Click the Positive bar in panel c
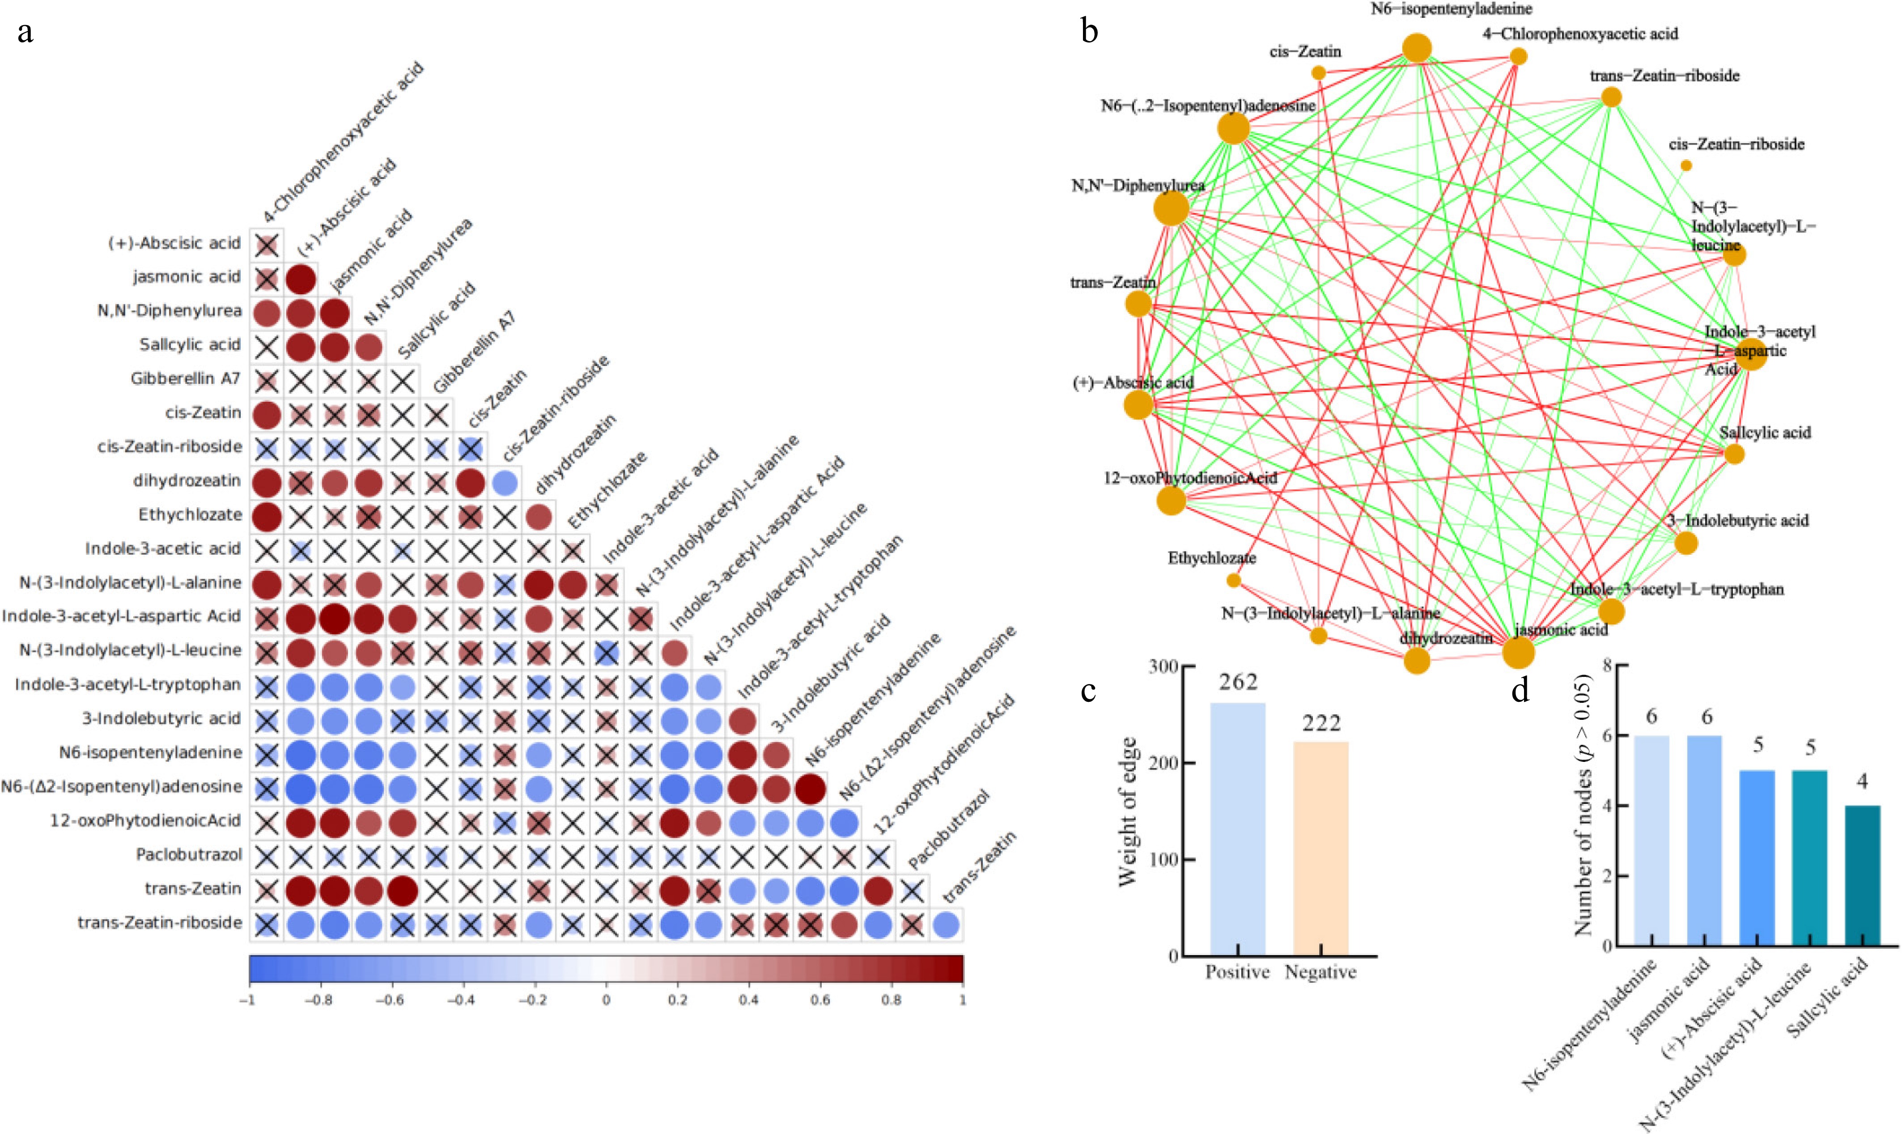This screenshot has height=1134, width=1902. pos(1237,828)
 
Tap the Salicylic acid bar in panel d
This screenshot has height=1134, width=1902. pos(1863,875)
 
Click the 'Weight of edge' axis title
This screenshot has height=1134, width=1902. pos(1129,811)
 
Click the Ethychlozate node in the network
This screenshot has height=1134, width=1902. pos(1233,581)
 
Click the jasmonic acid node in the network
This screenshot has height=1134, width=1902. pos(1518,654)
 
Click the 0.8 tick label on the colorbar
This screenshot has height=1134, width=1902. pos(891,999)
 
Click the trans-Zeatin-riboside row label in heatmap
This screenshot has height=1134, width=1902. pos(160,922)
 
